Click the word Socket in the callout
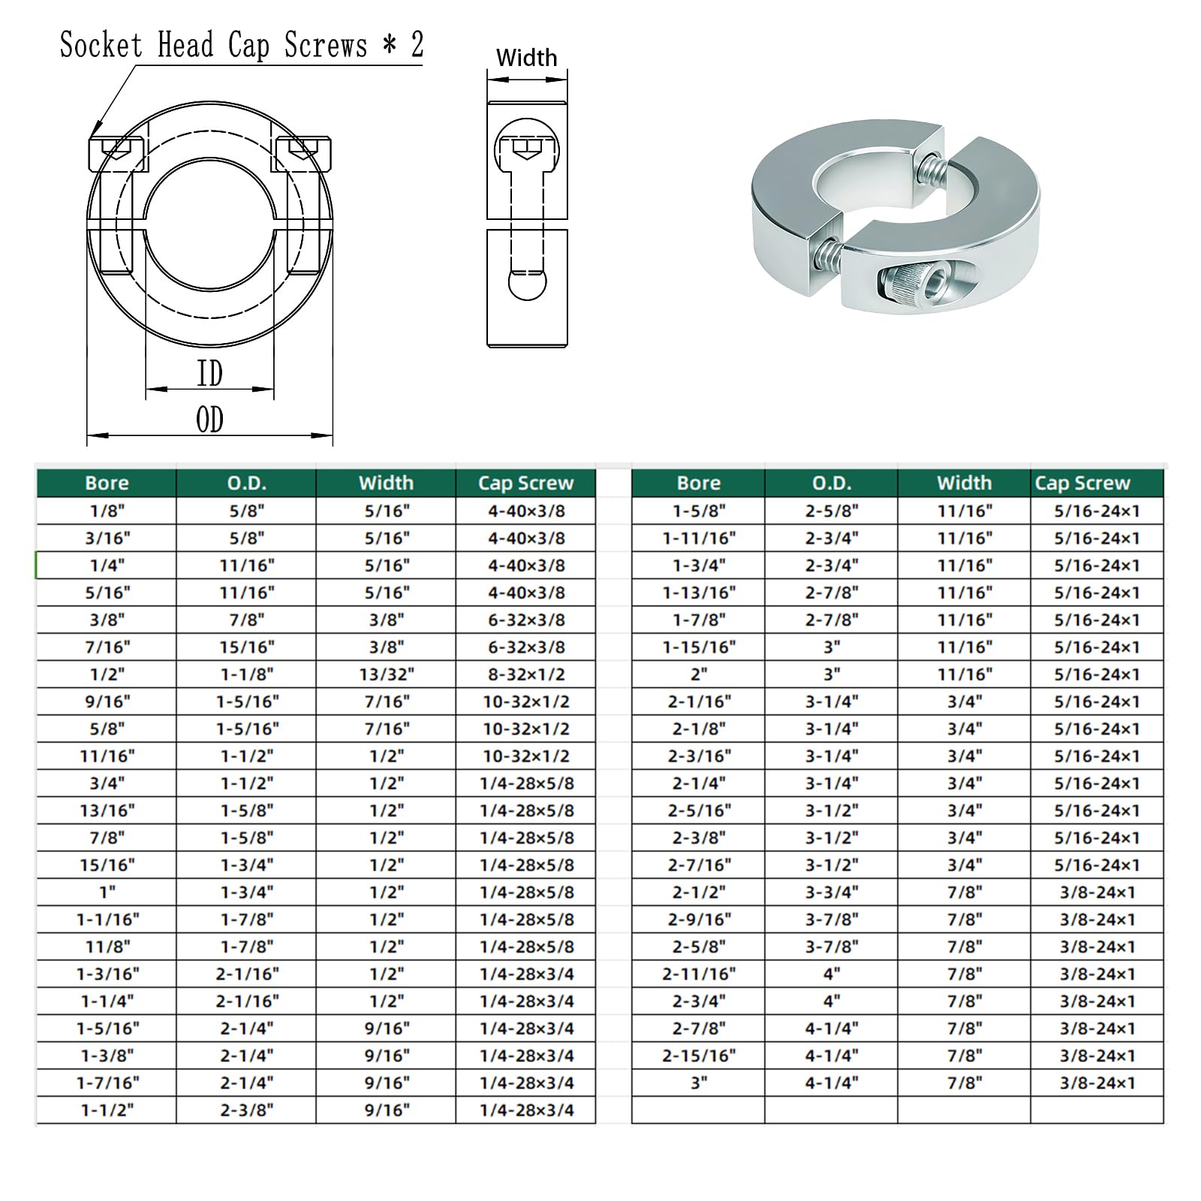[101, 45]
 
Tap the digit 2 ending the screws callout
[417, 45]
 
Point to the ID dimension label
[209, 373]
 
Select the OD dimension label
[209, 420]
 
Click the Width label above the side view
[526, 58]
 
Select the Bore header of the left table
[107, 483]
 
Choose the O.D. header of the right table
[832, 483]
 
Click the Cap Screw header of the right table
[1082, 483]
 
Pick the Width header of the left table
[386, 483]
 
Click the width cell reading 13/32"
[386, 674]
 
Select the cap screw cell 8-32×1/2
[526, 674]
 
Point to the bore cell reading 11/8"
[107, 947]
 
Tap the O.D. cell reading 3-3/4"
[832, 892]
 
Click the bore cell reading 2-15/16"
[699, 1055]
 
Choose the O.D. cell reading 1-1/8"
[247, 674]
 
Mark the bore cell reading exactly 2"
[699, 674]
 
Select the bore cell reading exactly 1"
[107, 892]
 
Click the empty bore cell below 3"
[699, 1109]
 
